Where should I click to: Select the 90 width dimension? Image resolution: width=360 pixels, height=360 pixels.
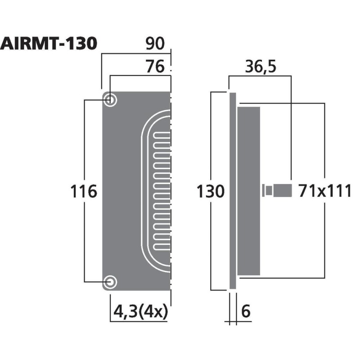point(156,44)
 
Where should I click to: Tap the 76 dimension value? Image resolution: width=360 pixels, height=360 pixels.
point(156,67)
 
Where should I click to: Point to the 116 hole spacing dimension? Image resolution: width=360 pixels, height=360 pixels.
point(84,192)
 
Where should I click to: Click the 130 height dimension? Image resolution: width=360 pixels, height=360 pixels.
point(210,192)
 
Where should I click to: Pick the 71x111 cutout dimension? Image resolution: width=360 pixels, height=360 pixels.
point(324,191)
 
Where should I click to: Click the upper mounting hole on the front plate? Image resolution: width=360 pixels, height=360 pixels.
point(110,100)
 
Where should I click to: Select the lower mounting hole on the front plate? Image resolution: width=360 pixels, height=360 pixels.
point(110,282)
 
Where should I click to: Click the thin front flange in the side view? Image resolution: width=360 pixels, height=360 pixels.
point(232,191)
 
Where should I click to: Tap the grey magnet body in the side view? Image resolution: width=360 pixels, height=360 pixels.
point(248,191)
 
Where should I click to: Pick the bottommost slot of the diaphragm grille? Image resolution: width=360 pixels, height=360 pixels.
point(162,247)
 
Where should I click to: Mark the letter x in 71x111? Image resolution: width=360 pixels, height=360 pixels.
point(318,192)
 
